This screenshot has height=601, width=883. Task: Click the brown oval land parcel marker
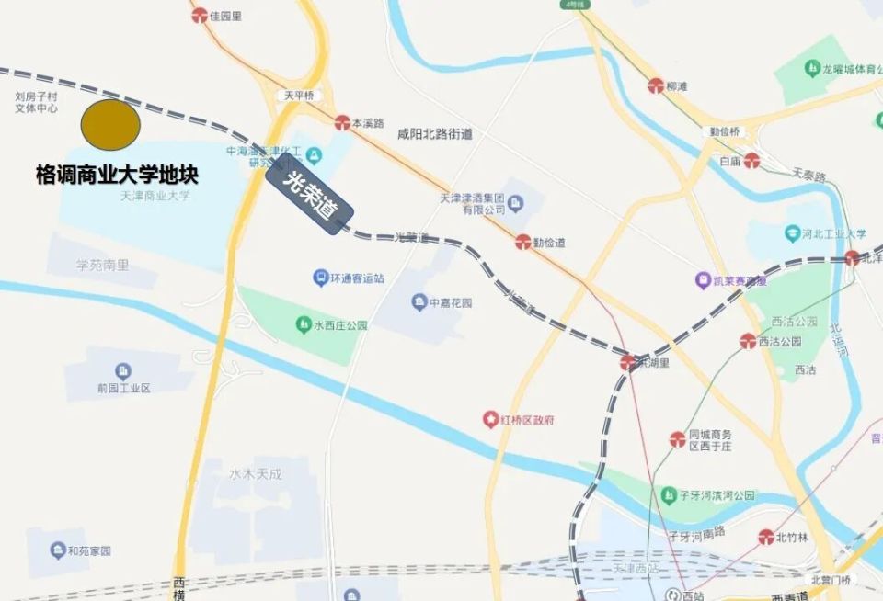click(110, 125)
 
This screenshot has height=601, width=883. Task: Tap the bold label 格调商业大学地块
click(117, 175)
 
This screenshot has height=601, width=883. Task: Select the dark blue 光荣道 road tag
click(310, 198)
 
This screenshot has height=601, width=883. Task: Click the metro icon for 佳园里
click(200, 16)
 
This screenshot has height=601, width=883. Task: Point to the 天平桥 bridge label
click(299, 96)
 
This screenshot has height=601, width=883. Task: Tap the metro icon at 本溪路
click(342, 122)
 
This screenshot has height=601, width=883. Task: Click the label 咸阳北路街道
click(434, 134)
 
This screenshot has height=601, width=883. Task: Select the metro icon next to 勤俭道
click(522, 244)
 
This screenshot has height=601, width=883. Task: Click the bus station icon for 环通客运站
click(320, 277)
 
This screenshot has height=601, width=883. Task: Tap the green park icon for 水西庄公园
click(303, 324)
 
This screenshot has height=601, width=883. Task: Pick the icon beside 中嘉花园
click(419, 302)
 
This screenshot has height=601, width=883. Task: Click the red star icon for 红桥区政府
click(491, 420)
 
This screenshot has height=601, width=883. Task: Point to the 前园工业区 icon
click(123, 371)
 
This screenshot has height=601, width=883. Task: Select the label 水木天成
click(255, 474)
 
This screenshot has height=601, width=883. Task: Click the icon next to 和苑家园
click(57, 550)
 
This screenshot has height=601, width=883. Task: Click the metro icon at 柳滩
click(655, 86)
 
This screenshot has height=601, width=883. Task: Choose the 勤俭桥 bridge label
click(725, 131)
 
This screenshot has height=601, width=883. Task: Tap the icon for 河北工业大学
click(793, 234)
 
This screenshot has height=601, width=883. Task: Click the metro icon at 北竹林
click(766, 537)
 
